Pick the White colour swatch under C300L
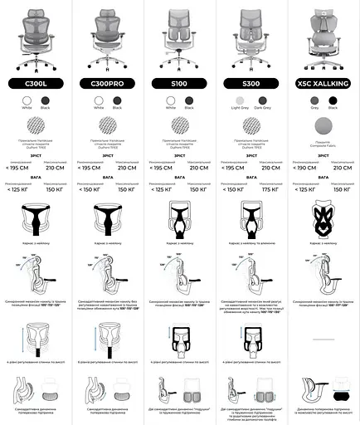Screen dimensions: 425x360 point(27,100)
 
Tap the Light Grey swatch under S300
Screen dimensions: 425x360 point(240,100)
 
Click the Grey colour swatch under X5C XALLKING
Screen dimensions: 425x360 point(314,100)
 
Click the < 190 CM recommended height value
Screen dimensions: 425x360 point(308,167)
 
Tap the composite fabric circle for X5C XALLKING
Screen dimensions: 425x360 point(324,126)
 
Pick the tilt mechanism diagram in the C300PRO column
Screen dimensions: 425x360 point(107,278)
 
